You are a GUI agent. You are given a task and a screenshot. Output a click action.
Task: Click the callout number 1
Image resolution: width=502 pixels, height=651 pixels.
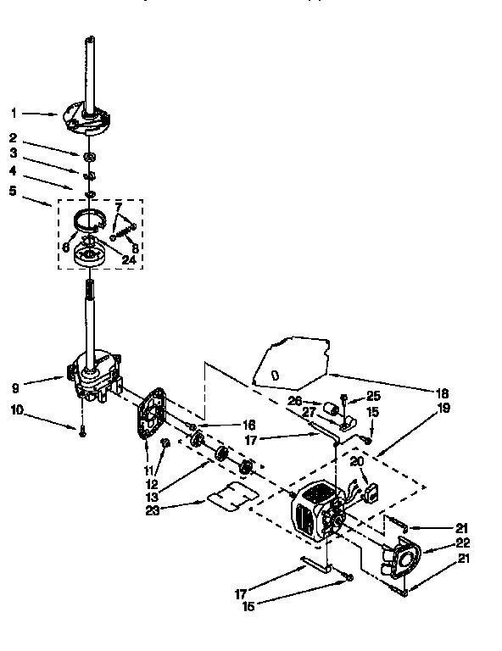coord(13,112)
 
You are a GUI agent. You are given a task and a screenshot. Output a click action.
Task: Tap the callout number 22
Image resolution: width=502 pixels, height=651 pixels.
coord(463,542)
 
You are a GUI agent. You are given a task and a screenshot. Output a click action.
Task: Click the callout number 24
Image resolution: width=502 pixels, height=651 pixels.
coord(129,261)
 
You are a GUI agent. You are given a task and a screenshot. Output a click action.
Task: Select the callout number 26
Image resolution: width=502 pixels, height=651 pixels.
coord(295,402)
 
